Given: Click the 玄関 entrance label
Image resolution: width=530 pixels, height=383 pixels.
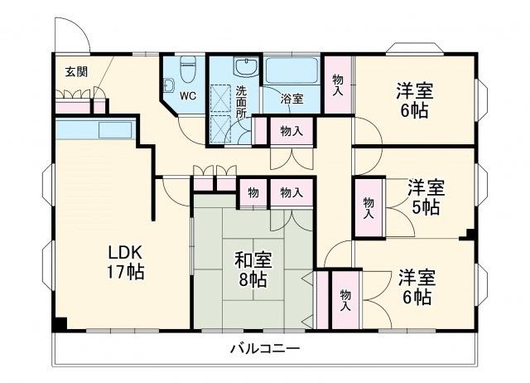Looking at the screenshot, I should tap(76, 71).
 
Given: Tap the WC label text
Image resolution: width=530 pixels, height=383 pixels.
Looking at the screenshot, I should tap(188, 95).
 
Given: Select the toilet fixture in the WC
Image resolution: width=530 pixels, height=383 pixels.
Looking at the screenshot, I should tap(188, 65).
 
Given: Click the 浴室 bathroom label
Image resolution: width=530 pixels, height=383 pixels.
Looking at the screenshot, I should tap(292, 99).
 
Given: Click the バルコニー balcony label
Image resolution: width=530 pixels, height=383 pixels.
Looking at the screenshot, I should tap(265, 348).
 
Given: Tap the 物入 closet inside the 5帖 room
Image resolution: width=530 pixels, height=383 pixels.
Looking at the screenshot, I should tap(368, 206).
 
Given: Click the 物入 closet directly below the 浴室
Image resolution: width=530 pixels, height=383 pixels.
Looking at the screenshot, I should tap(291, 131).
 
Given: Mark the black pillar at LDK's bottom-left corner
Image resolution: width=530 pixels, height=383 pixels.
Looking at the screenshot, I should tap(60, 323).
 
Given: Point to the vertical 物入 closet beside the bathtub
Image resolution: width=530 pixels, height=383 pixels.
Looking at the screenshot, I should tap(338, 84).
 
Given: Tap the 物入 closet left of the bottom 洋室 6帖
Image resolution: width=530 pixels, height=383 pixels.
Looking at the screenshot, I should tap(345, 299).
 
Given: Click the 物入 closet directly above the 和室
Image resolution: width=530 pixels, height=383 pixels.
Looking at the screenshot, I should tap(291, 192).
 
